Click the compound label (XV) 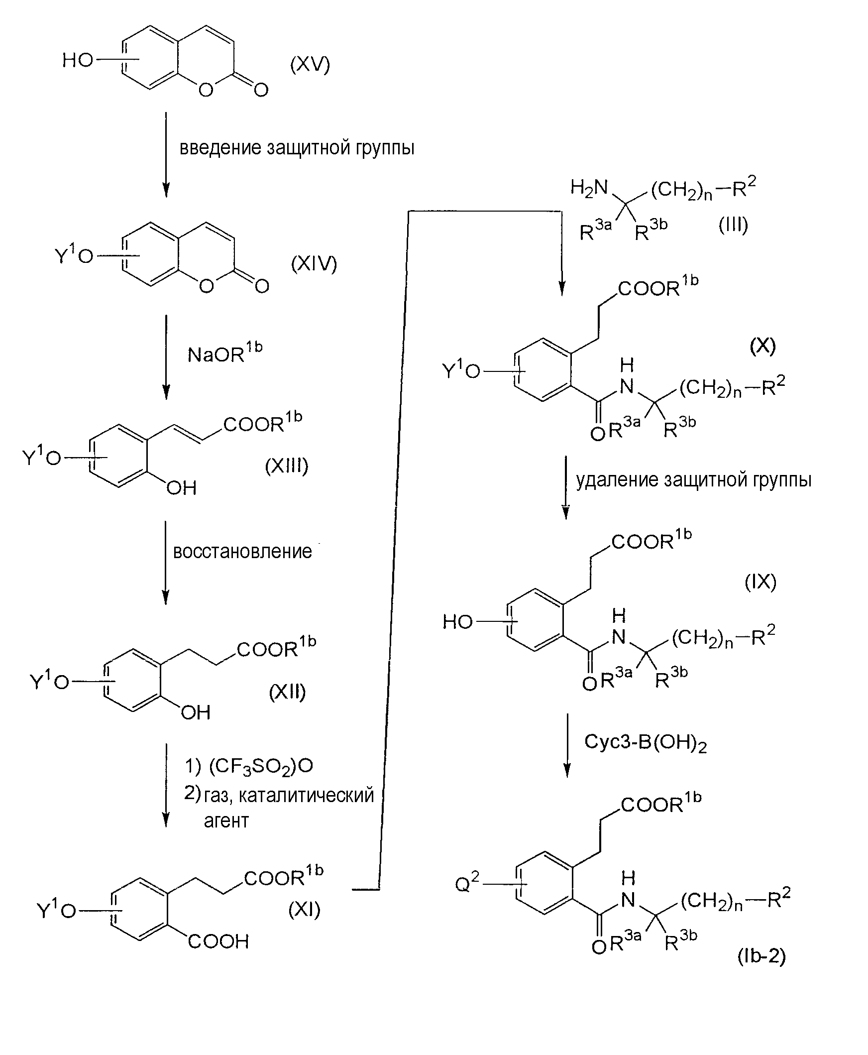pyautogui.click(x=310, y=65)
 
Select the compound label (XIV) pyautogui.click(x=314, y=263)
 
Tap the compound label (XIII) pyautogui.click(x=287, y=466)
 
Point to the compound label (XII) pyautogui.click(x=287, y=692)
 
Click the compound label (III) pyautogui.click(x=733, y=225)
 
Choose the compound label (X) pyautogui.click(x=762, y=346)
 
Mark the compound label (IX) pyautogui.click(x=760, y=582)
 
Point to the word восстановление pyautogui.click(x=242, y=551)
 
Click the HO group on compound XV pyautogui.click(x=78, y=60)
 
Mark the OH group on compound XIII pyautogui.click(x=181, y=488)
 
